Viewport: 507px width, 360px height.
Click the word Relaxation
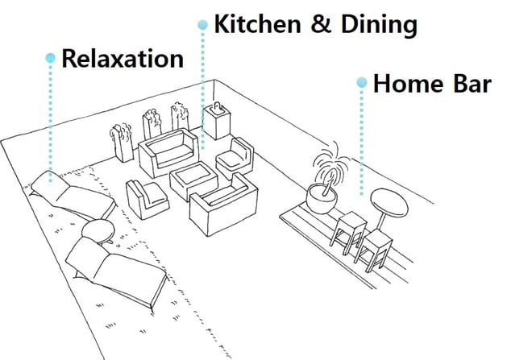(122, 59)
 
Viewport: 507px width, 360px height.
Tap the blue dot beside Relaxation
(51, 58)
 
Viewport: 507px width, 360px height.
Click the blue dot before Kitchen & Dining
(202, 25)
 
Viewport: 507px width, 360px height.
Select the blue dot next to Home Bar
(362, 82)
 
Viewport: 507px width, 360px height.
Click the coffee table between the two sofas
(191, 179)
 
